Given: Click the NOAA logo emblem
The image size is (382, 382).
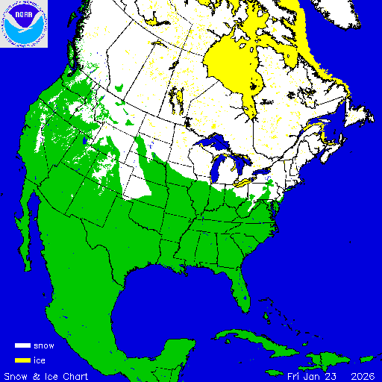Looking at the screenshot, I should click(x=24, y=24).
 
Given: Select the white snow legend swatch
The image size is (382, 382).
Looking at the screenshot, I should click(x=22, y=346).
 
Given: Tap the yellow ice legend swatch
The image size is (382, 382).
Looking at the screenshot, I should click(x=22, y=360).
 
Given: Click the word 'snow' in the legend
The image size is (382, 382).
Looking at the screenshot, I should click(x=44, y=346).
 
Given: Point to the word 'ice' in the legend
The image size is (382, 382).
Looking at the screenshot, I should click(x=40, y=360).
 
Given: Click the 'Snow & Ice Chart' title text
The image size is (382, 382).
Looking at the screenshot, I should click(x=46, y=375).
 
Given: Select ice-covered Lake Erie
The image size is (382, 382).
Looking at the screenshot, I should click(x=247, y=180).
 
